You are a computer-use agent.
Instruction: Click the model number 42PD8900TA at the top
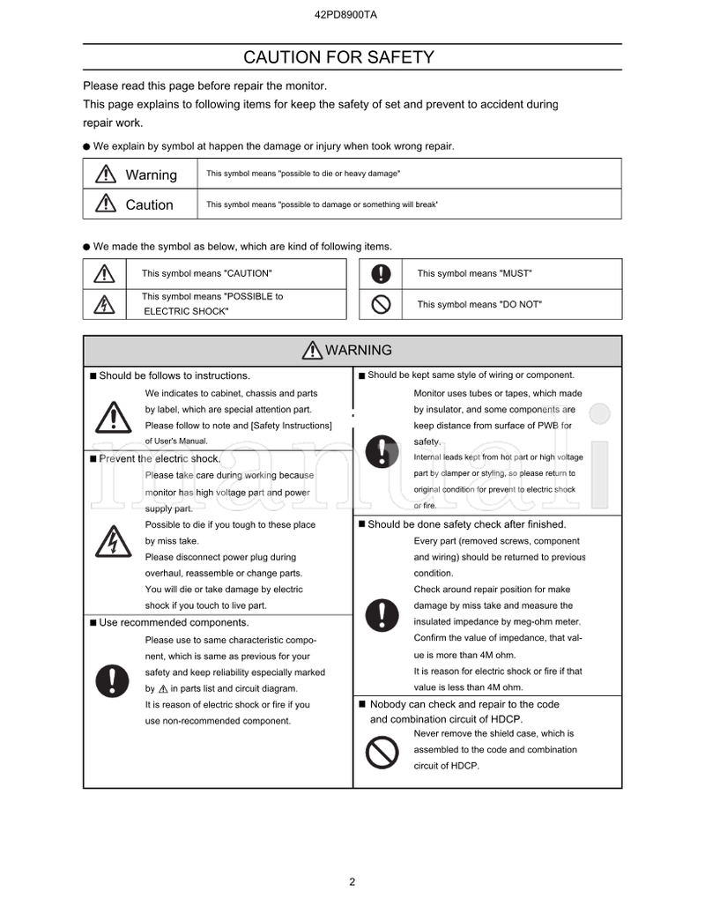tap(352, 15)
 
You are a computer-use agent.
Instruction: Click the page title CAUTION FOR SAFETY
tap(338, 57)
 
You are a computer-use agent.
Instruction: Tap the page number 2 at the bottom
tap(352, 881)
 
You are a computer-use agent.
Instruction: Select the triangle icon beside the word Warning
tap(105, 174)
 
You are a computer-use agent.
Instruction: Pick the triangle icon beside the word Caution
tap(105, 204)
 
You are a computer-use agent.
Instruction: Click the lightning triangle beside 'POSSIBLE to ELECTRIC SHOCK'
tap(105, 305)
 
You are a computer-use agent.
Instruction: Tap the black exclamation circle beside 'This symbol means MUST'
tap(381, 273)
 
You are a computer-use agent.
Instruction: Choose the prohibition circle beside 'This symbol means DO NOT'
tap(381, 304)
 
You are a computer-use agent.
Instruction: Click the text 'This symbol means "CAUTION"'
tap(207, 273)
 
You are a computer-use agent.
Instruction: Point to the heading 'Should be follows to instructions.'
tap(174, 375)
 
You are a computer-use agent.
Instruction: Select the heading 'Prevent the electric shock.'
tap(159, 458)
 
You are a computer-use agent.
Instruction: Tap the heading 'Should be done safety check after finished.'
tap(466, 524)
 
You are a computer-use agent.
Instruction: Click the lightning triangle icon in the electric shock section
tap(112, 541)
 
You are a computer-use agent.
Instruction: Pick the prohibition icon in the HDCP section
tap(382, 752)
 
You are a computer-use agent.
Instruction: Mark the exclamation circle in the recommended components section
tap(112, 679)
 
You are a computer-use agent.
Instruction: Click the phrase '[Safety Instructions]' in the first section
tap(291, 426)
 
